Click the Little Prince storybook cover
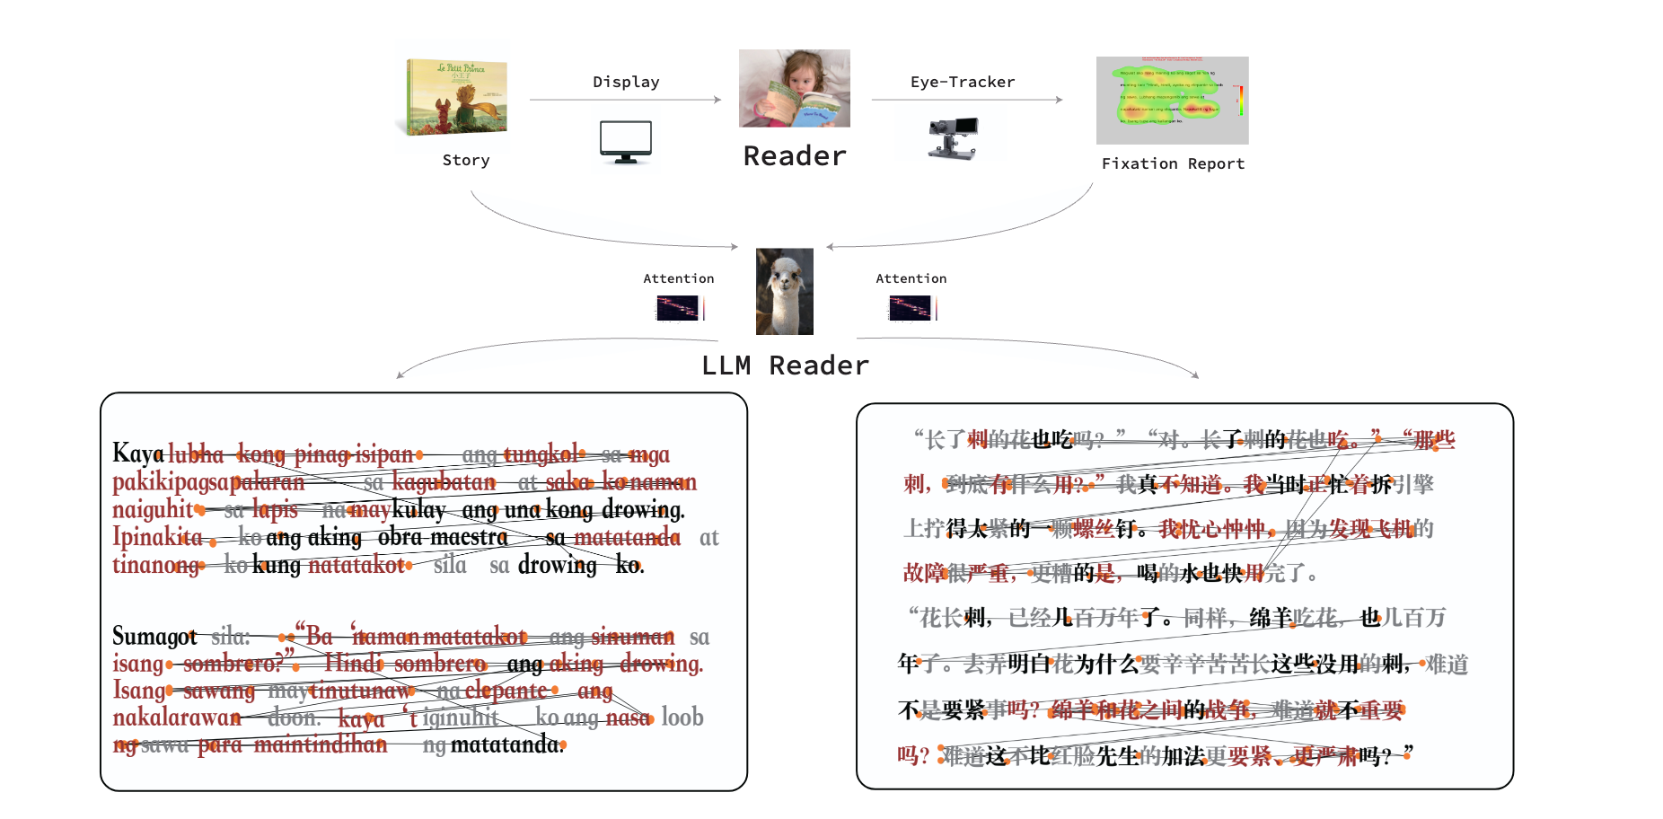coord(457,96)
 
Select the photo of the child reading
coord(794,88)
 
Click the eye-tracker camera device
coord(953,137)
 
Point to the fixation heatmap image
coord(1172,100)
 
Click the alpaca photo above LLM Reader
coord(785,291)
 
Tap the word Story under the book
coord(466,161)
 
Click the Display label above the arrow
coord(626,83)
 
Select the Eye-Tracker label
coord(963,83)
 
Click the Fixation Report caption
coord(1173,163)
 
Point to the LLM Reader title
coord(785,365)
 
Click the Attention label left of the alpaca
coord(678,279)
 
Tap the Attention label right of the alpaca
coord(911,279)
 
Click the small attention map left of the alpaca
coord(680,308)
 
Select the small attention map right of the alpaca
coord(911,308)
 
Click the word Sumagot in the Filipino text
coord(154,637)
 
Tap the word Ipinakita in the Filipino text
coord(157,537)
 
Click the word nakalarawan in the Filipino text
coord(177,718)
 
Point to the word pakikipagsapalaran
coord(208,482)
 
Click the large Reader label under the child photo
coord(795,156)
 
